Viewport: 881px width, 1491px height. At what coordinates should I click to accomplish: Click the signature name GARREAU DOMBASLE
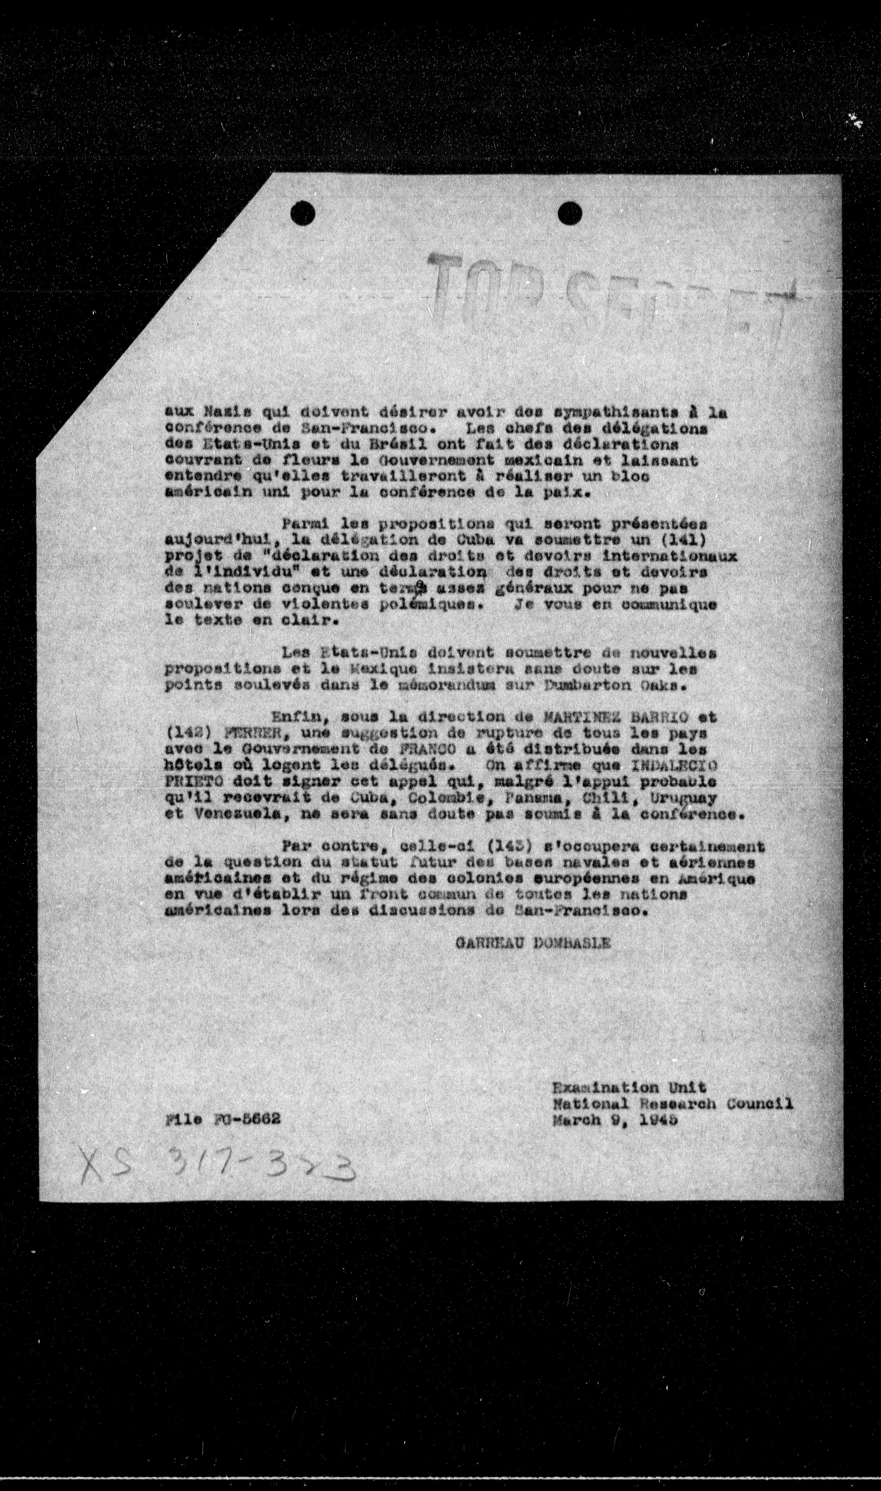pyautogui.click(x=533, y=943)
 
